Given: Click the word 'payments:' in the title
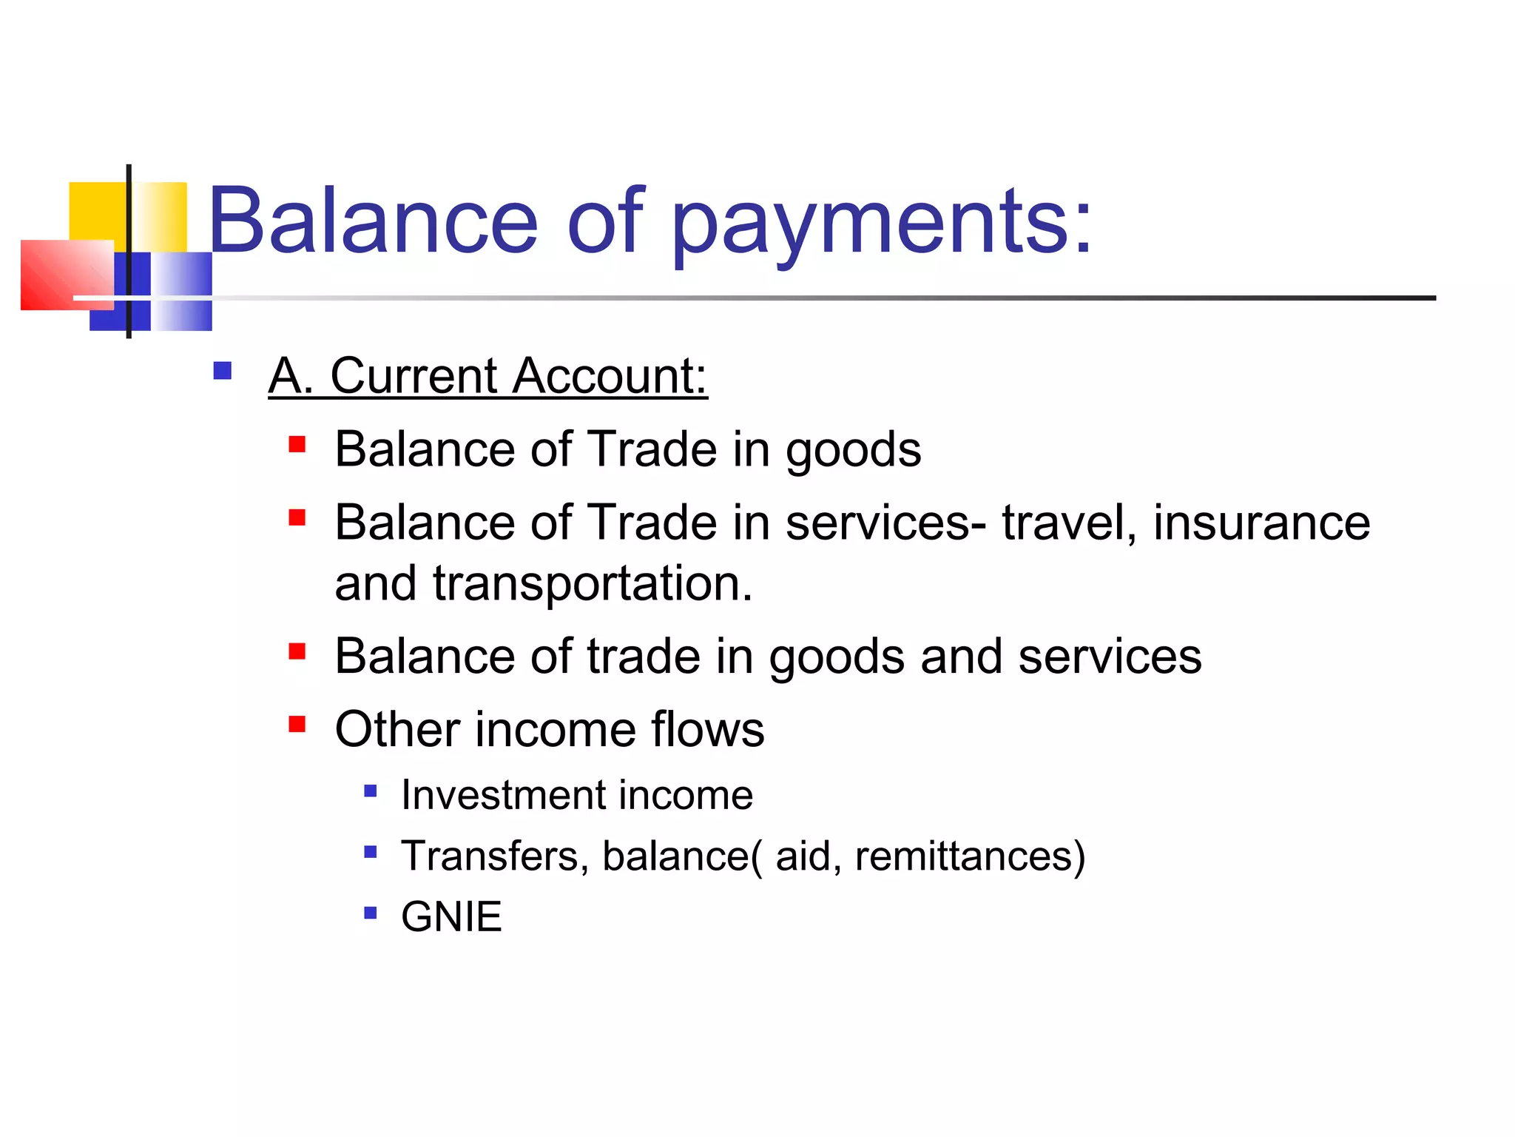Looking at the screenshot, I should pos(880,222).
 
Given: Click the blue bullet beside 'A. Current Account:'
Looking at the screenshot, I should pos(222,370).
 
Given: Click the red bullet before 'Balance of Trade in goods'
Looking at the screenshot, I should pos(297,444).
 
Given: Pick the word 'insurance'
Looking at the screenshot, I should pos(1261,523).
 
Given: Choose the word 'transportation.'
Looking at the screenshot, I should pos(593,583).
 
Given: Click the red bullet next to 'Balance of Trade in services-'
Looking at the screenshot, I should pos(297,517).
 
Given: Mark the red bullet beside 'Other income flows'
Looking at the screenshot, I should pos(297,723).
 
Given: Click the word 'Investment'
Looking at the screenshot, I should pos(502,795).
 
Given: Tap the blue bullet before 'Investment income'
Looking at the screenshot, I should pos(371,792).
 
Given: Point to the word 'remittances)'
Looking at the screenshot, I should pos(970,856).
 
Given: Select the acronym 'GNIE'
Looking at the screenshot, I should pos(451,916).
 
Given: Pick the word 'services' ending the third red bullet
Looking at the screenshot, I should pos(1110,657).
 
